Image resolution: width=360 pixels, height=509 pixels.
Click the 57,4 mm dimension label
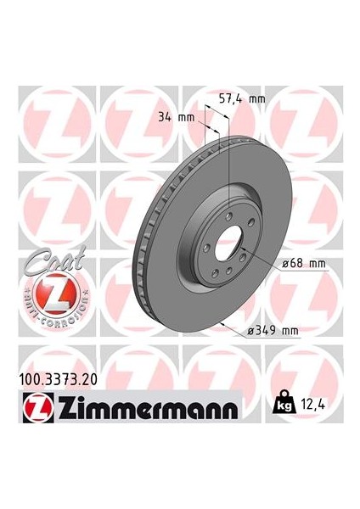click(242, 98)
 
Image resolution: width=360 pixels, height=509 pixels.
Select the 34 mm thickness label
click(176, 117)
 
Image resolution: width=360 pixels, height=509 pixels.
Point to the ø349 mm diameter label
click(273, 331)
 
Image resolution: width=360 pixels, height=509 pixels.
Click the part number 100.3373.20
click(59, 379)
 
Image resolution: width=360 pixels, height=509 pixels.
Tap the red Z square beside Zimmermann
click(38, 408)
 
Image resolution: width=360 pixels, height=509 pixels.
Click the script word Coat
click(54, 260)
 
